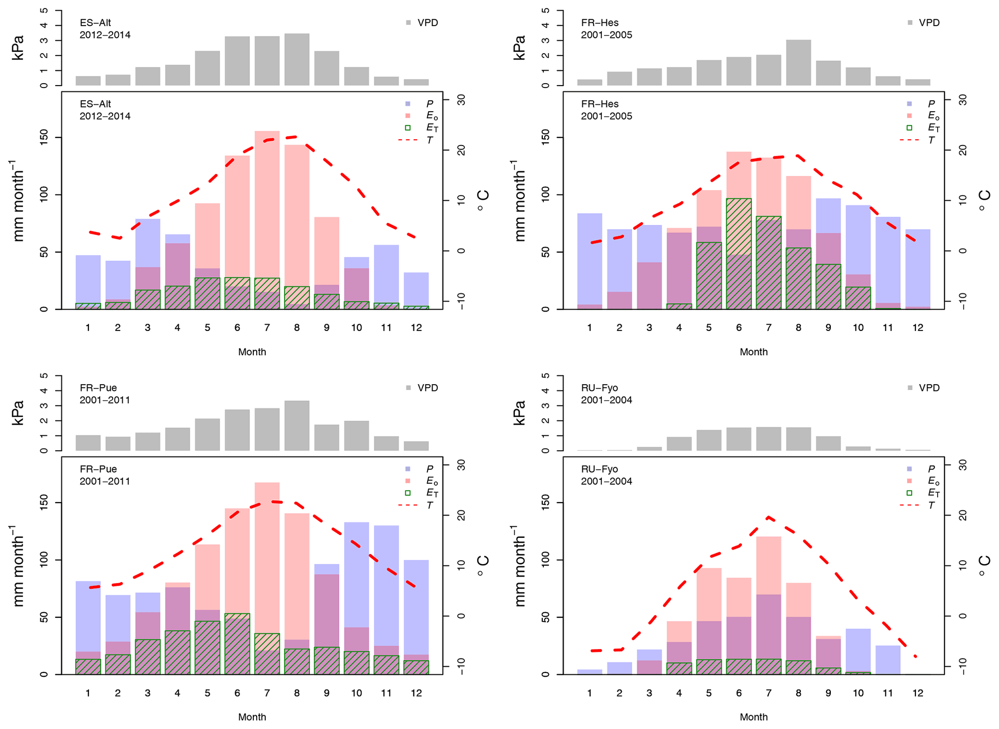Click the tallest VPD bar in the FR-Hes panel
[798, 63]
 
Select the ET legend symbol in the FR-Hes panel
[909, 128]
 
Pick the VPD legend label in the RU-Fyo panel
[929, 388]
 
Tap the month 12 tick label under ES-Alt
[416, 328]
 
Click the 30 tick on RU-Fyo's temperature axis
[962, 465]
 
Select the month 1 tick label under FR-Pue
[88, 693]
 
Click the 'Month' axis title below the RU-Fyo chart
[753, 717]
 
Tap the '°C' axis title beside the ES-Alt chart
[483, 200]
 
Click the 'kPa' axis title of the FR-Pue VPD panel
[18, 413]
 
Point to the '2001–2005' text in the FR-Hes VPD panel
[606, 35]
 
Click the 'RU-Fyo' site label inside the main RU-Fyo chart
[599, 469]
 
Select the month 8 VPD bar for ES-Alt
[297, 60]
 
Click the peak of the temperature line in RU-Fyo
[768, 518]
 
